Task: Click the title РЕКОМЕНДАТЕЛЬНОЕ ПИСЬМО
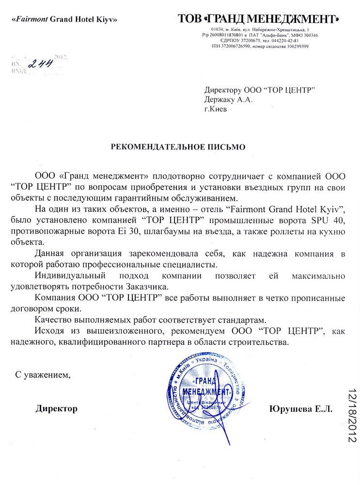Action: pyautogui.click(x=179, y=146)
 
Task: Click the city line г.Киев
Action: pyautogui.click(x=215, y=109)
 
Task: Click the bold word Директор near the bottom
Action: pyautogui.click(x=56, y=408)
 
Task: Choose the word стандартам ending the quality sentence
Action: pyautogui.click(x=237, y=320)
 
